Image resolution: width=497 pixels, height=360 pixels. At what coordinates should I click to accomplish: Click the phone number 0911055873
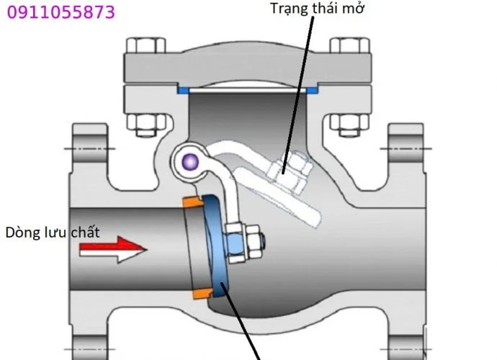coord(61,12)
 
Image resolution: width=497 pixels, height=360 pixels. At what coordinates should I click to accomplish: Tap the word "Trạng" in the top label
coord(289,9)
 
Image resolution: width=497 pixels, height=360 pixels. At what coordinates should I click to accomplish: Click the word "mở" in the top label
coord(353,8)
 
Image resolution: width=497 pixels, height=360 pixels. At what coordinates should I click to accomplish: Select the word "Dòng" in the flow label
coord(21,233)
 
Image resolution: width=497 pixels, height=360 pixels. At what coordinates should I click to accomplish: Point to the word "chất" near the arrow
coord(85,233)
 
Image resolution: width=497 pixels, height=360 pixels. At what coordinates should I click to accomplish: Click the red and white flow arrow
coord(113,249)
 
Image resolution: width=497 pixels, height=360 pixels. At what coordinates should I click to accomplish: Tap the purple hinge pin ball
coord(190,162)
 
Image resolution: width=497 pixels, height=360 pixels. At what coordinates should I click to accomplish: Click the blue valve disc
coord(215,246)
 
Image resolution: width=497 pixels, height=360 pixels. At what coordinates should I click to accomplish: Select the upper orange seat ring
coord(193,202)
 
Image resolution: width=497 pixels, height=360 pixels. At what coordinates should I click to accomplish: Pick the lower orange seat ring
coord(202,294)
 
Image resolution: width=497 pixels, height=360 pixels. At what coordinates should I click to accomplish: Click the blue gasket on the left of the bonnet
coord(183,90)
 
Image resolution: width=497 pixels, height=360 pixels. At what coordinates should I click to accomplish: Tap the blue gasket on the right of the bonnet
coord(312,90)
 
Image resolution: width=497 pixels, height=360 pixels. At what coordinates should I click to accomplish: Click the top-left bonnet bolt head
coord(145,45)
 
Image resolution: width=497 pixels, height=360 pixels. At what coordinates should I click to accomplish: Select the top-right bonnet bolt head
coord(350,45)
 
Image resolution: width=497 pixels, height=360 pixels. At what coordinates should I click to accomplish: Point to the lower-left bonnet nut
coord(146,125)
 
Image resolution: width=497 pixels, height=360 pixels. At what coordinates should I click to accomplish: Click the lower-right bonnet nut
coord(349,125)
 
